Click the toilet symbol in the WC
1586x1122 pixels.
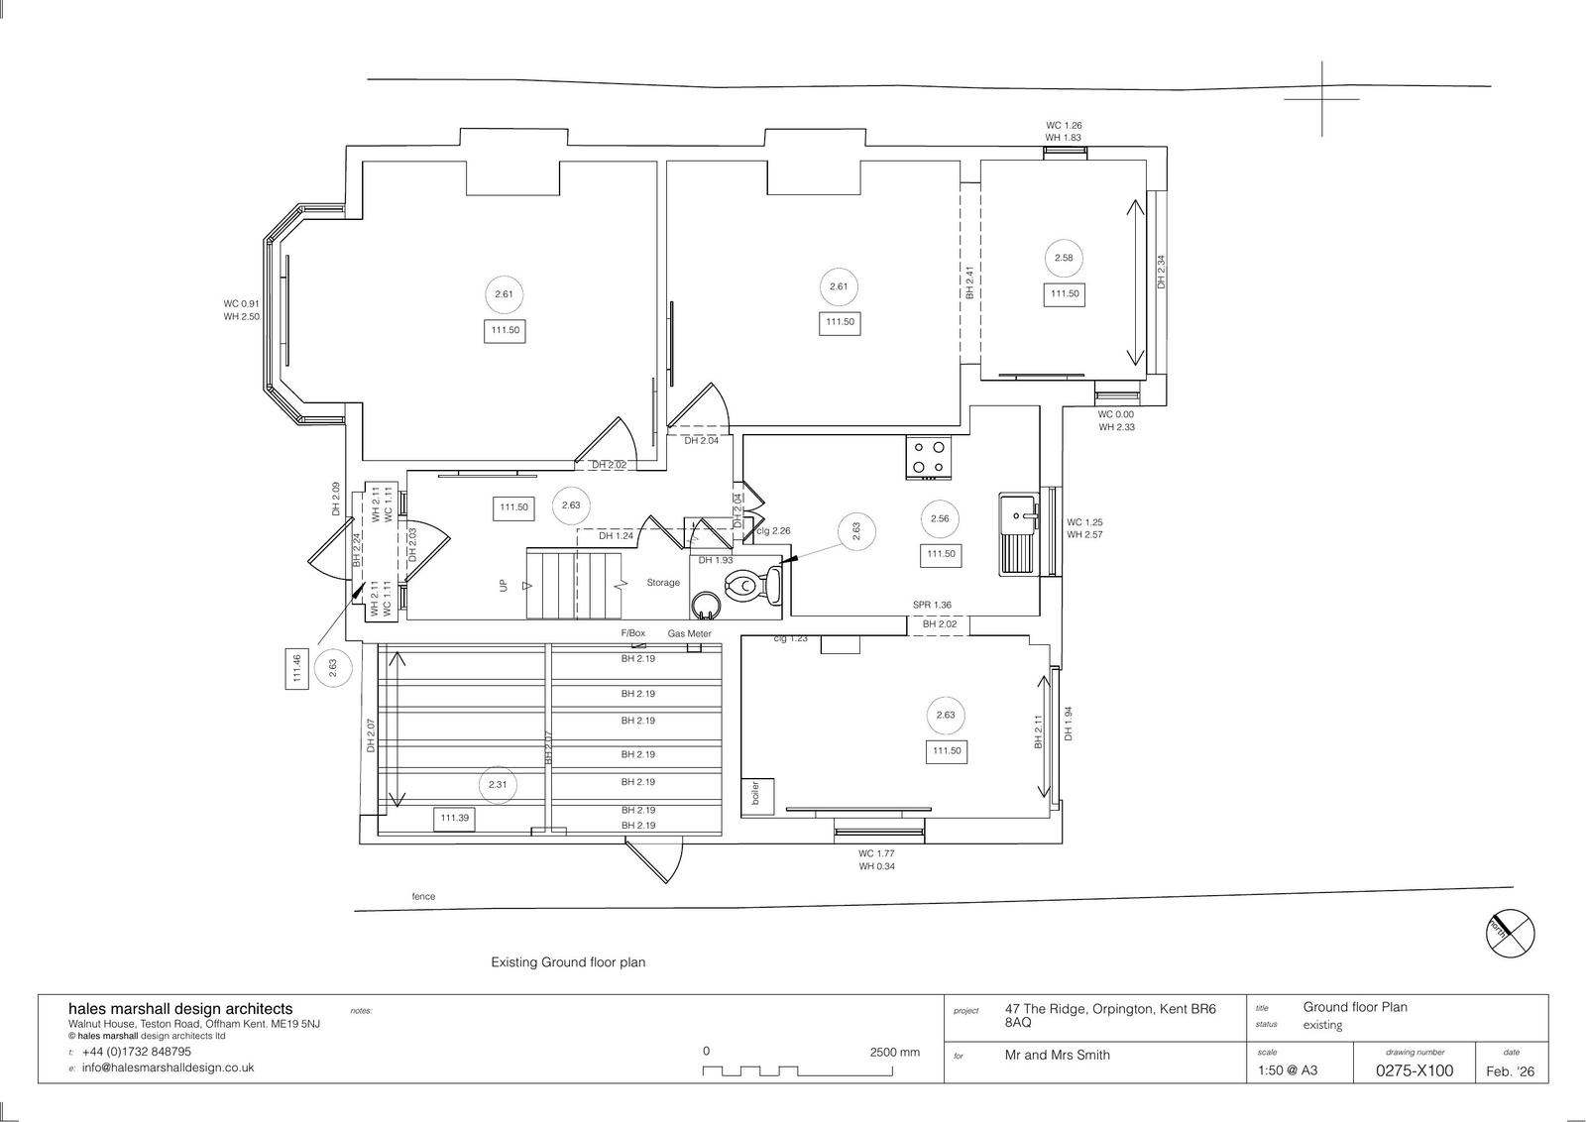[x=744, y=587]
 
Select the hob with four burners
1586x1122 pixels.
[x=928, y=458]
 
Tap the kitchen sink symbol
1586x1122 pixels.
[x=1018, y=533]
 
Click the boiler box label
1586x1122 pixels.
[x=755, y=793]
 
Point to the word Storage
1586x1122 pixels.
[x=663, y=583]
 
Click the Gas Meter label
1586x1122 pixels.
[x=689, y=633]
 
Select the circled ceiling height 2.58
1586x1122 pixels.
[x=1064, y=258]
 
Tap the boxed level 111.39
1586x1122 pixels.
[x=455, y=818]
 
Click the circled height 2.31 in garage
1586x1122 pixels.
[x=498, y=785]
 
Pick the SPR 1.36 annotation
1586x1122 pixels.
[x=932, y=605]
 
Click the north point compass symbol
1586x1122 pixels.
[x=1511, y=932]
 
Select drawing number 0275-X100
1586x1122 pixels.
[x=1416, y=1070]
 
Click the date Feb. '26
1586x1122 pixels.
[x=1510, y=1071]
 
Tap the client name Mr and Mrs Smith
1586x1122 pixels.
[x=1057, y=1055]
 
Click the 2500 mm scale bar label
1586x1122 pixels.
[x=894, y=1052]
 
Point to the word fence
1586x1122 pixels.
[x=423, y=896]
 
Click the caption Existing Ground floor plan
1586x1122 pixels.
[x=568, y=961]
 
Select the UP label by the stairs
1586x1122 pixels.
[x=504, y=586]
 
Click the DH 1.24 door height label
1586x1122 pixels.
[x=616, y=535]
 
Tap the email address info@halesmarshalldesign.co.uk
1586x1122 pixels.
[x=168, y=1067]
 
